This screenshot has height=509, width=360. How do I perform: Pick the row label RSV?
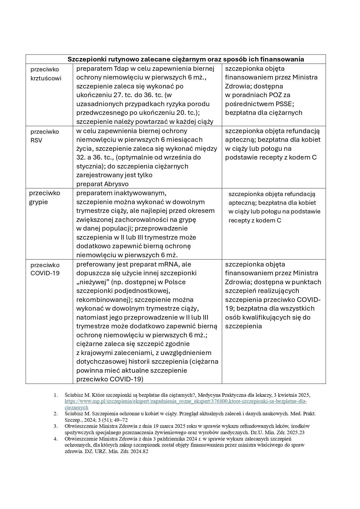(36, 140)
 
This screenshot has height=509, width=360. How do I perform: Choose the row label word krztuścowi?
(46, 78)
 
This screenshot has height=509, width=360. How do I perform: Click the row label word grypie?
(38, 202)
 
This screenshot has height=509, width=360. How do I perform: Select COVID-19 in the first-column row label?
(45, 273)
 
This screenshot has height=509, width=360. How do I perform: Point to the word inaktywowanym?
(140, 193)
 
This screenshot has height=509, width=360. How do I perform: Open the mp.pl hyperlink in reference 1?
(186, 401)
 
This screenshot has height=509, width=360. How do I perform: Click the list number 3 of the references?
(56, 426)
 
